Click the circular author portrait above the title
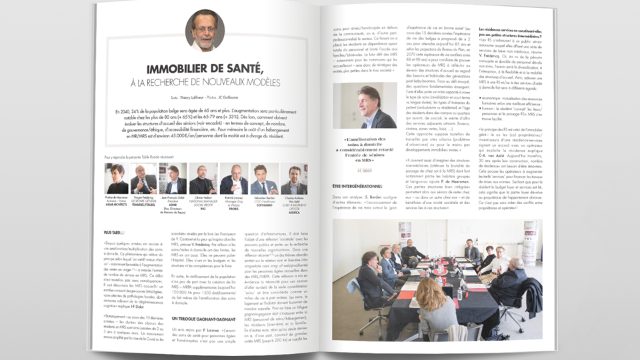[x=205, y=30]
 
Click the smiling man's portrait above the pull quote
[x=365, y=107]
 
